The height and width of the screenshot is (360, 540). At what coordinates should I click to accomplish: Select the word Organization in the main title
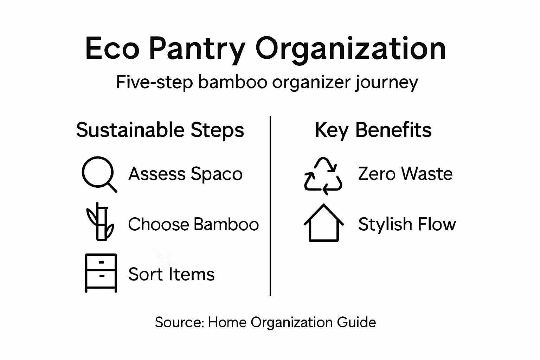pyautogui.click(x=351, y=49)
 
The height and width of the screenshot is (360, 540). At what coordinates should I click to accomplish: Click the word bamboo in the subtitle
pyautogui.click(x=232, y=83)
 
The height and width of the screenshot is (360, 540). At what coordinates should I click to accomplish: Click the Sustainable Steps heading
pyautogui.click(x=160, y=130)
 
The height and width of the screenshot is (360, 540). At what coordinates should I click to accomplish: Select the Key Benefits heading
pyautogui.click(x=373, y=130)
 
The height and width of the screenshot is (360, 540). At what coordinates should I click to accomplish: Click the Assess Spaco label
pyautogui.click(x=185, y=174)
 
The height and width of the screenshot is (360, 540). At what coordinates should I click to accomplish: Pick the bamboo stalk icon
pyautogui.click(x=100, y=221)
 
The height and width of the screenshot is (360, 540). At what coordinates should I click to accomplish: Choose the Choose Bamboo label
pyautogui.click(x=193, y=224)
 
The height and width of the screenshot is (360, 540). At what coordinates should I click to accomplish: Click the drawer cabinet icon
pyautogui.click(x=101, y=273)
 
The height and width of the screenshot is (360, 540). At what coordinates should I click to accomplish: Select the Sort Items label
pyautogui.click(x=171, y=274)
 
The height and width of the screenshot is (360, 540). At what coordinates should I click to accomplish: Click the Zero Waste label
pyautogui.click(x=405, y=174)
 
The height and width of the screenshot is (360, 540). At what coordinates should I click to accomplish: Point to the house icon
pyautogui.click(x=323, y=223)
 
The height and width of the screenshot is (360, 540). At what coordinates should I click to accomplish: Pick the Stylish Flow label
pyautogui.click(x=407, y=224)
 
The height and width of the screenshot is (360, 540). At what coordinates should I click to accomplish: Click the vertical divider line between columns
pyautogui.click(x=270, y=206)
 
